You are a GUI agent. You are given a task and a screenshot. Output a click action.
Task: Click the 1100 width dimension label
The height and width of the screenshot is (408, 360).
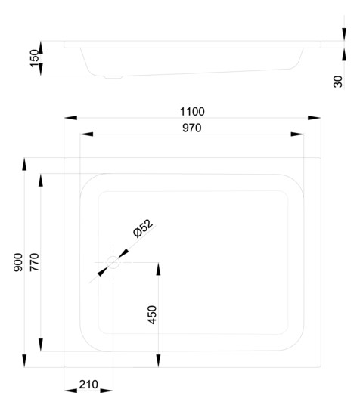tap(192, 112)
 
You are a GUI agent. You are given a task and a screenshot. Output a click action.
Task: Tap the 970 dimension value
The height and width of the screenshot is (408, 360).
tap(191, 128)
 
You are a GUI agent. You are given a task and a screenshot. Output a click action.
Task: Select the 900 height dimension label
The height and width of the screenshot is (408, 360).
tap(18, 262)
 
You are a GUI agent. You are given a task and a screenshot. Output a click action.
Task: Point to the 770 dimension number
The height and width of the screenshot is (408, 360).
tap(34, 262)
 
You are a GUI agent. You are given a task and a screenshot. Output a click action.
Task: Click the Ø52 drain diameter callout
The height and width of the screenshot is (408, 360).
tap(143, 228)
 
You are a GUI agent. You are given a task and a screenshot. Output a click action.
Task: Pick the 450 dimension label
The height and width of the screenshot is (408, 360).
tap(152, 314)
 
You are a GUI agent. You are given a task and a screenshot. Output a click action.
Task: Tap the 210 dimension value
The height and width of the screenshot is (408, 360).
tap(88, 385)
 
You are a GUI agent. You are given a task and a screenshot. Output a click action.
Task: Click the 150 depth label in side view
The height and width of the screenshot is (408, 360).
tap(34, 58)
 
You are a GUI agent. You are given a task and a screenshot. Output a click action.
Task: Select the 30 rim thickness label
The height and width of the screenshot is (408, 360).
tap(338, 82)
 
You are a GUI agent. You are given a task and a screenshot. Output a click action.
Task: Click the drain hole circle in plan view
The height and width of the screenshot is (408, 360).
tap(113, 262)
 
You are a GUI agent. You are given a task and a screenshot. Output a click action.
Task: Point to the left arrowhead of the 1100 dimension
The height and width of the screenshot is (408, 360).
tap(70, 118)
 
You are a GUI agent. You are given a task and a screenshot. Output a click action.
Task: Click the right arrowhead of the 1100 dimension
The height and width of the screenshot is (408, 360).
tap(314, 118)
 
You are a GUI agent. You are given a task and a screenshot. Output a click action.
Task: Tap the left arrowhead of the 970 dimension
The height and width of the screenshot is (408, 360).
tap(86, 134)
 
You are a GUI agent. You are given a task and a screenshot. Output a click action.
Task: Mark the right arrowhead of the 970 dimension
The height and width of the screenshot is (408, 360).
tap(297, 134)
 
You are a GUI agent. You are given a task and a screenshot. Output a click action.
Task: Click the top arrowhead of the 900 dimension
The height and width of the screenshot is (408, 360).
tap(24, 164)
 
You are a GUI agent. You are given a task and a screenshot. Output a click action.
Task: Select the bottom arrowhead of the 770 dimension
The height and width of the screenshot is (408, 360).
tap(41, 345)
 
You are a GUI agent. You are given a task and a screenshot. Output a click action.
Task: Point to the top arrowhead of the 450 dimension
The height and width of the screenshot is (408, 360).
tap(158, 269)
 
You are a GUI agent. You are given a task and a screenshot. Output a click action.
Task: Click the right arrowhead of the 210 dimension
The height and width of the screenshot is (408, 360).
tap(107, 391)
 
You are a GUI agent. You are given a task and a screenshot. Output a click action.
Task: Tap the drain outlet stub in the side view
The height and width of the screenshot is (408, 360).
tap(113, 77)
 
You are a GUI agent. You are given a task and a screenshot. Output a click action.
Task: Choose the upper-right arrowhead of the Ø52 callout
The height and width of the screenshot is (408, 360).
tap(123, 253)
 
